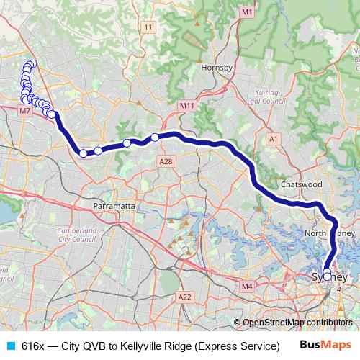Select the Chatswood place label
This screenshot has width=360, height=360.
tap(301, 184)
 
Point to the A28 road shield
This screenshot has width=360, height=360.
tap(166, 161)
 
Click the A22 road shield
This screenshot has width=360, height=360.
tap(185, 297)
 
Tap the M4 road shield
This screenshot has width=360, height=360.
tap(248, 287)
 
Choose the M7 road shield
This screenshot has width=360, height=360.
tap(25, 111)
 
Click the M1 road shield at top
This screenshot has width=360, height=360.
tap(247, 12)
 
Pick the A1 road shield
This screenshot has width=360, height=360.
tap(273, 138)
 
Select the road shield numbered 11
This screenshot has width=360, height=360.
tap(149, 27)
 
